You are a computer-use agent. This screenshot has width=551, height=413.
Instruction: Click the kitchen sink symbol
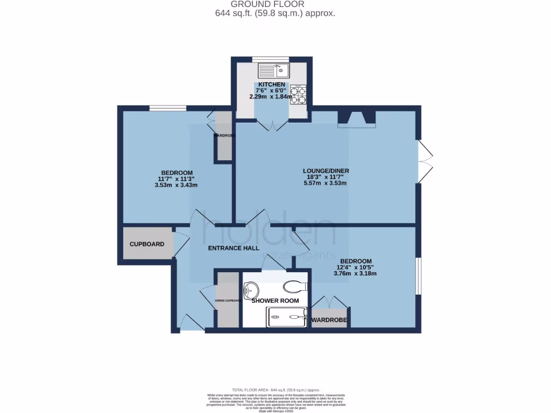[273, 70]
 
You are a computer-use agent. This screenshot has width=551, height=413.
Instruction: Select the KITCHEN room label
[271, 85]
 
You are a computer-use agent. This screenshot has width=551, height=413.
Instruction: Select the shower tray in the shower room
[287, 317]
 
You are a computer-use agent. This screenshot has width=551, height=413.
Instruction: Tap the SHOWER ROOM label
[275, 301]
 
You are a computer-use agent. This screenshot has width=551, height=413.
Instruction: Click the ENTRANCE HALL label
[234, 248]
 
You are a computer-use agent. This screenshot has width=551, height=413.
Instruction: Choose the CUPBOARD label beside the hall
[147, 244]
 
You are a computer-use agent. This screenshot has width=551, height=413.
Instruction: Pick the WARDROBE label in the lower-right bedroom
[330, 321]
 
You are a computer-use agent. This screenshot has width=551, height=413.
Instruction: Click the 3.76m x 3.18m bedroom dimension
[355, 273]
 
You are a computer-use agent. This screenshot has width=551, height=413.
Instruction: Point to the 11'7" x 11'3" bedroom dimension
[175, 179]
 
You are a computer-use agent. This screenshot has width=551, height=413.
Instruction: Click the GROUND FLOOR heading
[275, 4]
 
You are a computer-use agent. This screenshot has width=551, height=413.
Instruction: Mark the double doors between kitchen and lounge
[272, 125]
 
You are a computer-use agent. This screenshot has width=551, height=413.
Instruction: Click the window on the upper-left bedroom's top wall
[168, 108]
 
